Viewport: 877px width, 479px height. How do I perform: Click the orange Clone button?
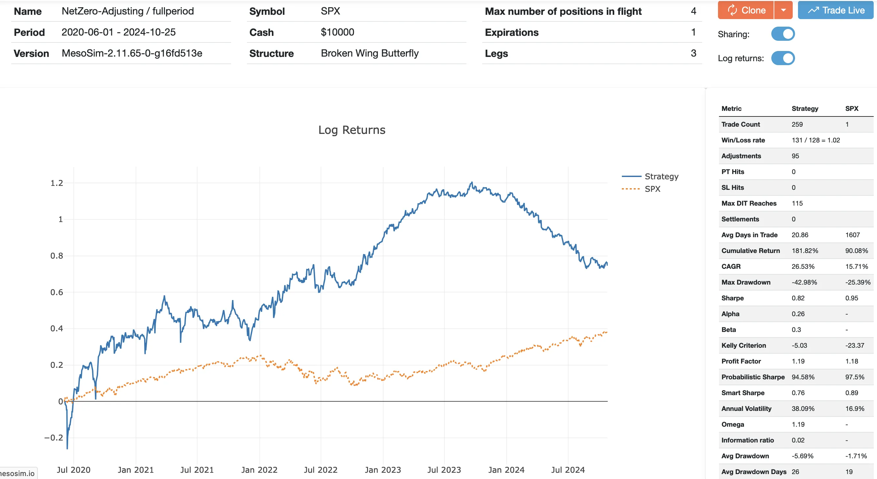(746, 10)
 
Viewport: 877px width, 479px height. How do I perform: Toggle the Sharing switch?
(783, 34)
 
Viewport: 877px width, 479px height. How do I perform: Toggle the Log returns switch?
(783, 58)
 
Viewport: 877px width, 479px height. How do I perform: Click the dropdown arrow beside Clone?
(784, 10)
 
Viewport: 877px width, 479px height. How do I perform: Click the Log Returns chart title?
(352, 130)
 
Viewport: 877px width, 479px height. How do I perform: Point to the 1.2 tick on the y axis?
(57, 183)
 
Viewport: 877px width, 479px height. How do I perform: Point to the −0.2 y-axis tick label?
(54, 438)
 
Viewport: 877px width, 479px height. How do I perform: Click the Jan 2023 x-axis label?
(383, 470)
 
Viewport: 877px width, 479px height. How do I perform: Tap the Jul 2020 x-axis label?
(73, 470)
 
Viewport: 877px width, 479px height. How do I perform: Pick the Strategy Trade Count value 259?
(797, 124)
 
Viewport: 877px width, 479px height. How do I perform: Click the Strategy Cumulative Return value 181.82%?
(805, 251)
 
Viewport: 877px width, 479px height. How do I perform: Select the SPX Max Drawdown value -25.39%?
(858, 282)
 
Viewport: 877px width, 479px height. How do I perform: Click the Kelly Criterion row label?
(744, 345)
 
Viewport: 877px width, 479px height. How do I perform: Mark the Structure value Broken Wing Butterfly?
(370, 53)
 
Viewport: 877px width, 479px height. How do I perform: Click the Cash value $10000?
(337, 32)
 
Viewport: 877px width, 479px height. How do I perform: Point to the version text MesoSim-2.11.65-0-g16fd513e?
(132, 53)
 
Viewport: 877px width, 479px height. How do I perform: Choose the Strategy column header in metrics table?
(805, 109)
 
